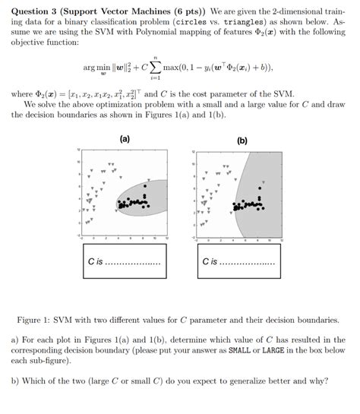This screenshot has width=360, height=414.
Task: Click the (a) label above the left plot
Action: pos(125,139)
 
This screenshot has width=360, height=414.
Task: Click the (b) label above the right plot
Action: pos(242,141)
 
